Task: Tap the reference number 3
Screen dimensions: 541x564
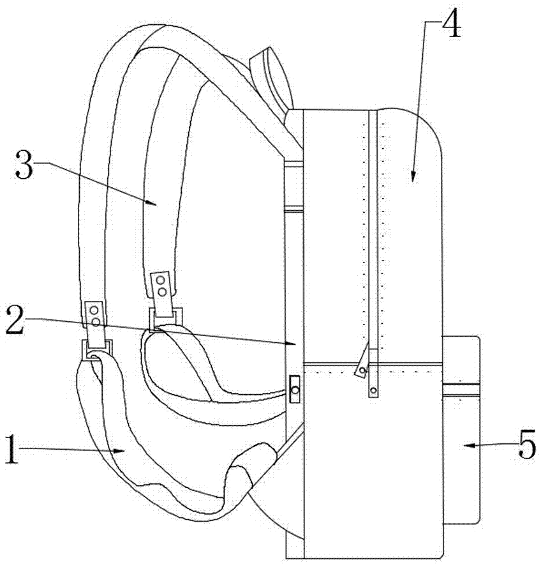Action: pos(24,165)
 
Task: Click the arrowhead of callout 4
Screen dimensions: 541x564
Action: pos(413,176)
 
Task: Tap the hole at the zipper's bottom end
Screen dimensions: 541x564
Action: pos(374,390)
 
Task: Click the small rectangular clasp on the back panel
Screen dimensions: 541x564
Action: pos(295,390)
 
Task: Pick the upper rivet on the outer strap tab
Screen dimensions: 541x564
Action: pos(95,309)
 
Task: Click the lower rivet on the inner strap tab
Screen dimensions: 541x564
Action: pos(162,291)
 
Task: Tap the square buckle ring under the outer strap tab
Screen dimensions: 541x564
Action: pos(98,349)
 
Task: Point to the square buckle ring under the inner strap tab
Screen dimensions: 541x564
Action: pos(165,319)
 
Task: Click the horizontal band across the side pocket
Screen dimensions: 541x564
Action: pos(461,390)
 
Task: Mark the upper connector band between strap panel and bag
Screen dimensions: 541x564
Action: pos(293,164)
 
